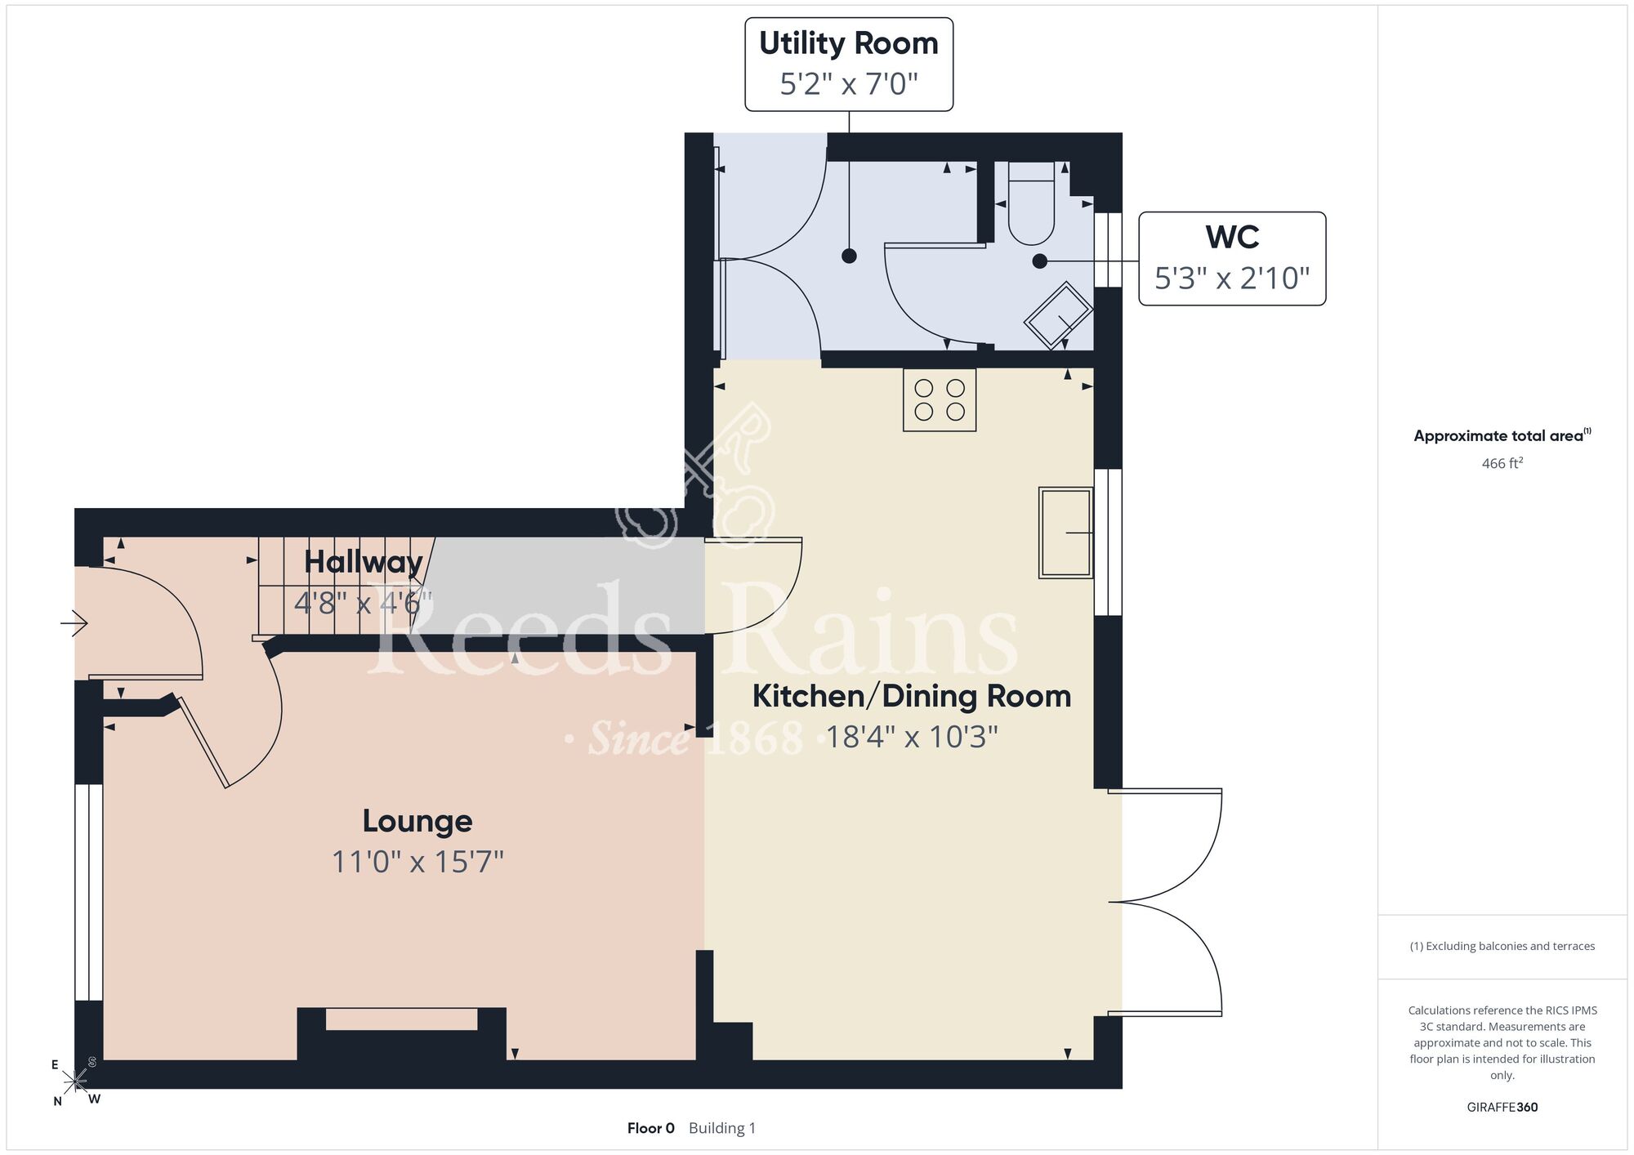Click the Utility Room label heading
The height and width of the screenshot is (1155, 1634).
tap(849, 44)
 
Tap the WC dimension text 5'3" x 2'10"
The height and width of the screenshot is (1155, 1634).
tap(1232, 279)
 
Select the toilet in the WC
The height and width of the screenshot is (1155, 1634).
tap(1031, 203)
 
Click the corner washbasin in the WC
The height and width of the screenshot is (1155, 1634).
tap(1059, 315)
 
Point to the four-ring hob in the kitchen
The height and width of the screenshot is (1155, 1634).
tap(940, 399)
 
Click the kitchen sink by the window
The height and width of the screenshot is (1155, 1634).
tap(1066, 533)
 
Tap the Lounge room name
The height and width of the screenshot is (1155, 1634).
tap(417, 821)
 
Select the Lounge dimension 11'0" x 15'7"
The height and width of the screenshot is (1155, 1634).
tap(417, 862)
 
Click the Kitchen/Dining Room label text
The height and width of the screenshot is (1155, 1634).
tap(912, 696)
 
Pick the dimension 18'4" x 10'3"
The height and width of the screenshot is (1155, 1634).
tap(912, 737)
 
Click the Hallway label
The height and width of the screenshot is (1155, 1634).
tap(364, 563)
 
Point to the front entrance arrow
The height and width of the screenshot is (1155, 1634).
tap(74, 623)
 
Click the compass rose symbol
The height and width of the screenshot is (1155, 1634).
tap(75, 1081)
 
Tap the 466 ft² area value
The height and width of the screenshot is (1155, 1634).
tap(1502, 463)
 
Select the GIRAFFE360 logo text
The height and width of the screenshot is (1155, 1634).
tap(1502, 1108)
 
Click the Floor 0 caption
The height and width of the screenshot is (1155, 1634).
tap(651, 1128)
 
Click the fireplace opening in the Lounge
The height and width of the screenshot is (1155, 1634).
tap(401, 1019)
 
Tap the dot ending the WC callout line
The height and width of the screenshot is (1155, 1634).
tap(1040, 261)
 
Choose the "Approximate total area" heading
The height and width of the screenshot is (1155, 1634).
tap(1502, 435)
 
